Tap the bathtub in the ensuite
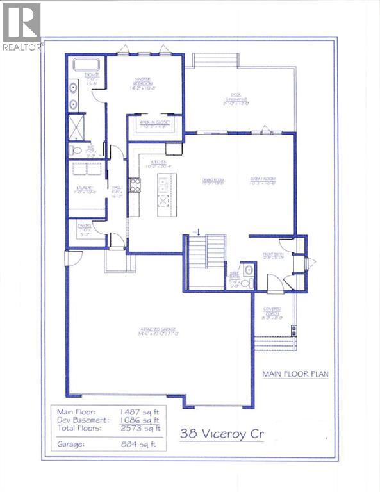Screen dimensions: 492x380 pos(87,65)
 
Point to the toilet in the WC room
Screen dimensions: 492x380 pos(76,150)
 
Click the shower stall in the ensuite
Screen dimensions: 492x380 pos(78,126)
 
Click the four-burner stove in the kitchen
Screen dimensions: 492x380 pos(135,185)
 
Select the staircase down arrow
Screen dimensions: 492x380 pos(199,231)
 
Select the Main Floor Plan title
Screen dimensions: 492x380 pos(295,374)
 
